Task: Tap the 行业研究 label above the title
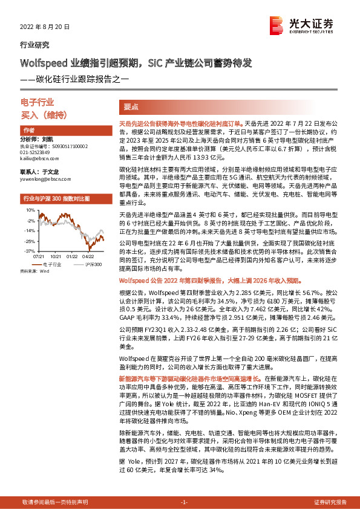point(34,45)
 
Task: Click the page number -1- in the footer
point(185,502)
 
